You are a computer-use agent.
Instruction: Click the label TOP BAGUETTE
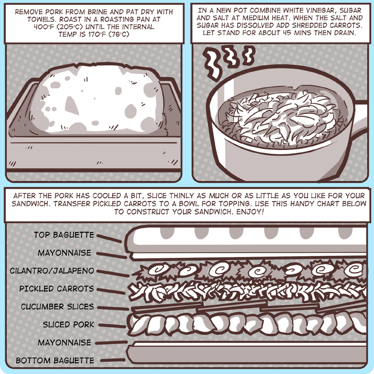point(64,235)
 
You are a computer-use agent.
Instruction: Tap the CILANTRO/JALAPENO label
point(52,271)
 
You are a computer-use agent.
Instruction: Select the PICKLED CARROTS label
point(57,288)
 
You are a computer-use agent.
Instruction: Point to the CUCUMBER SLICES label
point(57,306)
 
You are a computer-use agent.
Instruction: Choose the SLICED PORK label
point(68,324)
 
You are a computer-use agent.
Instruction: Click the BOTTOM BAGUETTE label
point(55,360)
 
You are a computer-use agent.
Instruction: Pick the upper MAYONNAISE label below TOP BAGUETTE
point(64,253)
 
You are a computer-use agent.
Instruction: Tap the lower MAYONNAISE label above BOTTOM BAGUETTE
point(64,343)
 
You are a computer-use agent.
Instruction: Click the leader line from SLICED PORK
point(112,325)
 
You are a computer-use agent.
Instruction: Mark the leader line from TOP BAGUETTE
point(109,238)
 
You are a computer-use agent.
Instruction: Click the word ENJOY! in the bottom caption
point(250,212)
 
